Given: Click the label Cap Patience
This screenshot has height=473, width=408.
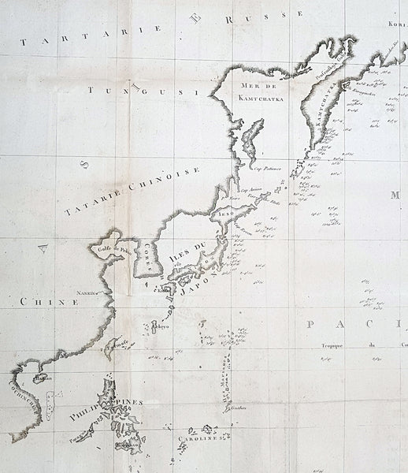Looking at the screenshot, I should coord(269,166).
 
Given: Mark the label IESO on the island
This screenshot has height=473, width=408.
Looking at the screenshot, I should coord(223,212).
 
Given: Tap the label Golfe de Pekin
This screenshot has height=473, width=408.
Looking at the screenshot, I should coord(113,251).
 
